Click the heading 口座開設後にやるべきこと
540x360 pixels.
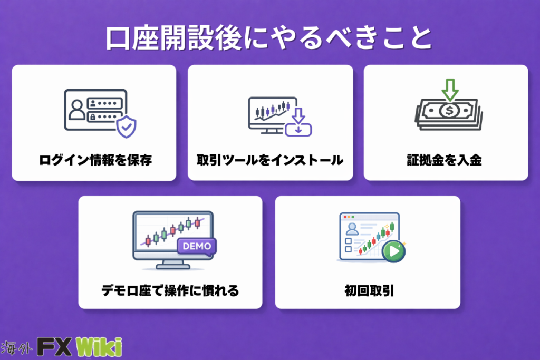(x=269, y=37)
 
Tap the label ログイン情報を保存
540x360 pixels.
(x=95, y=160)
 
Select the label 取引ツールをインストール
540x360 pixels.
(x=270, y=160)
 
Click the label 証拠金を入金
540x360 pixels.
(x=444, y=160)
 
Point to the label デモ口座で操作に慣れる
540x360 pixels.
(x=170, y=290)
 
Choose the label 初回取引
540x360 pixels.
(x=369, y=290)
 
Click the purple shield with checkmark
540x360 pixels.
(x=127, y=127)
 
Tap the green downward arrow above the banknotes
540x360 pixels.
(x=450, y=90)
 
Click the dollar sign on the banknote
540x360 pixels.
(x=449, y=111)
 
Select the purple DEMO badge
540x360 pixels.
(x=197, y=247)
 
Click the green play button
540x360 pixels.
(x=394, y=251)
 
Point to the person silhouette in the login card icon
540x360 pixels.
(x=77, y=110)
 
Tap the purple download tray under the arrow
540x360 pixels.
(x=298, y=130)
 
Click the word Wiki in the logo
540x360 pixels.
(x=99, y=347)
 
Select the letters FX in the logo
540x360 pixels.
(x=54, y=347)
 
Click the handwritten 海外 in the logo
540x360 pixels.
(x=16, y=348)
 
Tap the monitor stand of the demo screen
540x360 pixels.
(x=173, y=264)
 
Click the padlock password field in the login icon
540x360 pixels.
(x=105, y=116)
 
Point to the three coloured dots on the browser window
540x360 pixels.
(x=349, y=217)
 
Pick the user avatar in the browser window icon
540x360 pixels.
(x=352, y=229)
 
